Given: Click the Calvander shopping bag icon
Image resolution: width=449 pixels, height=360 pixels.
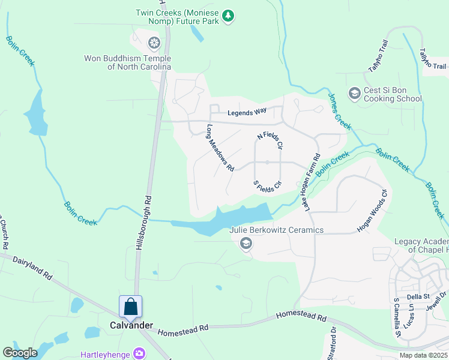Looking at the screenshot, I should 131,307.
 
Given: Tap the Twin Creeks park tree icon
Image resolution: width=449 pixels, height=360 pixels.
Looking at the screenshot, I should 228,16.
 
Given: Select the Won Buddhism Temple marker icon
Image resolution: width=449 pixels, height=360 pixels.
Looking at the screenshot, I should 154,43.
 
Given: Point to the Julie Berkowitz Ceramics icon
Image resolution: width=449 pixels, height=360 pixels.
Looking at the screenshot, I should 246,243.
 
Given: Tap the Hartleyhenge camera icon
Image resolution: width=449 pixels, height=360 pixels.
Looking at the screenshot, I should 140,353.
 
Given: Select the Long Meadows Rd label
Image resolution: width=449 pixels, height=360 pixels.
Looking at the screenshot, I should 220,148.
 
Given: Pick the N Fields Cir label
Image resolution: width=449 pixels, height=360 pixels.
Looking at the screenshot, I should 270,141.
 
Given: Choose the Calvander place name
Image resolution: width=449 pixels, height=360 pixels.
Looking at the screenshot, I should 131,325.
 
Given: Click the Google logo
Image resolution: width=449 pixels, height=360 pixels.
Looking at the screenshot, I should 20,353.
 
